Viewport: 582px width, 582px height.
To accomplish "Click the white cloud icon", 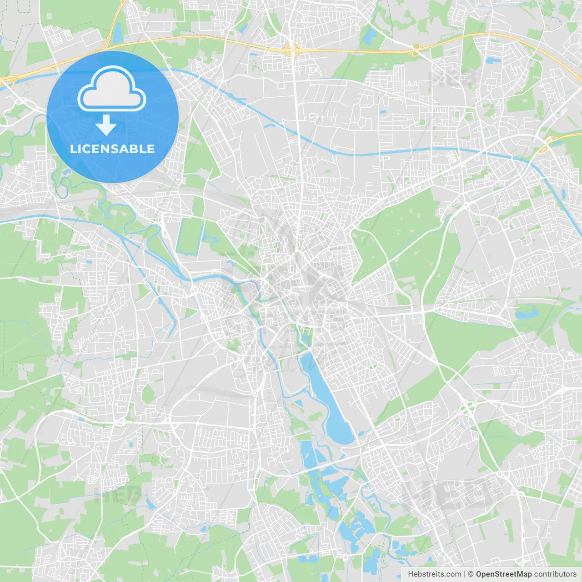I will pyautogui.click(x=112, y=90).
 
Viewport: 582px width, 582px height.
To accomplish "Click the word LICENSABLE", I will pyautogui.click(x=112, y=149).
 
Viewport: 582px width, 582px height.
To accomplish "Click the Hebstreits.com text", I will pyautogui.click(x=434, y=574).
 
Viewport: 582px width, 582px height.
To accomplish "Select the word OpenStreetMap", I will pyautogui.click(x=503, y=574).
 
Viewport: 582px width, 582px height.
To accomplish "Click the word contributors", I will pyautogui.click(x=555, y=574).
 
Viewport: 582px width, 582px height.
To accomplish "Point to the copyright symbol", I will pyautogui.click(x=471, y=574).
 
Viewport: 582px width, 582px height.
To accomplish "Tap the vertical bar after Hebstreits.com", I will pyautogui.click(x=465, y=574).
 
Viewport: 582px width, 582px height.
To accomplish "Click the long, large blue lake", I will pyautogui.click(x=327, y=400).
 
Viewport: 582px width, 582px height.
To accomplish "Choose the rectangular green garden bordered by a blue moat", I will pyautogui.click(x=190, y=236).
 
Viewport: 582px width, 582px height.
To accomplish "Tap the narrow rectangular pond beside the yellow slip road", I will pyautogui.click(x=118, y=33).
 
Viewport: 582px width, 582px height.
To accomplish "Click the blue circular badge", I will pyautogui.click(x=112, y=117).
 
